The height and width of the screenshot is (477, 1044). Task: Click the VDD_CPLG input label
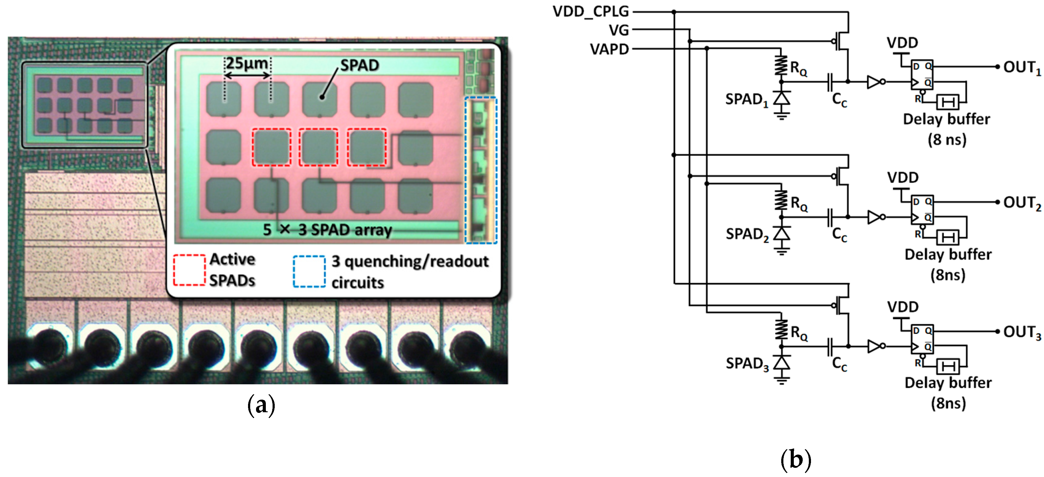pos(591,11)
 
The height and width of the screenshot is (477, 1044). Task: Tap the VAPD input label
pos(609,49)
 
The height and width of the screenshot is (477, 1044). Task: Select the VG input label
pos(618,30)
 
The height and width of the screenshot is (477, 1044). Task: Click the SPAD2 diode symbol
pos(781,234)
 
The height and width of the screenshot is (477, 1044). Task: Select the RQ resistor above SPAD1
pos(781,66)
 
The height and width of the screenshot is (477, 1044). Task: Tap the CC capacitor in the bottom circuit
pos(830,346)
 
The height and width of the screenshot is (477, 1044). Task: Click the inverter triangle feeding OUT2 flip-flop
pos(874,217)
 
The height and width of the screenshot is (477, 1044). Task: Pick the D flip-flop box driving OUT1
pos(922,75)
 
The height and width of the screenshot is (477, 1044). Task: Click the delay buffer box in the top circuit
pos(947,102)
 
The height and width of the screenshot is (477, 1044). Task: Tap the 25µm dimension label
pos(247,63)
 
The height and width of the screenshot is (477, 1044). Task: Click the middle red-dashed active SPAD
pos(319,147)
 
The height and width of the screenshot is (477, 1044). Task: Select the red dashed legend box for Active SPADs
pos(189,270)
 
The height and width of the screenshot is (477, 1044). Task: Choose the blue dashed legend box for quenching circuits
pos(309,272)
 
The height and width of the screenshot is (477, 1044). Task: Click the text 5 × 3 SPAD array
pos(327,230)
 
